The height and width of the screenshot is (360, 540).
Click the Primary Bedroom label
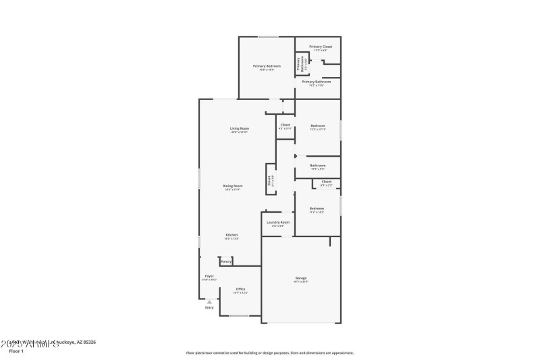point(267,66)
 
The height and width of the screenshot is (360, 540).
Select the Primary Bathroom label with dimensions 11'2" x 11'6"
point(317,82)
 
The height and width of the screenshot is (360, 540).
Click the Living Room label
point(240,129)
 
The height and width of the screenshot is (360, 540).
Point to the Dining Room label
point(233,186)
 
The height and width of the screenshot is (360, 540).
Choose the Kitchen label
point(232,235)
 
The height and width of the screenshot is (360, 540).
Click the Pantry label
point(226,261)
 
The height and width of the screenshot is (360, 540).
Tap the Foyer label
point(209,276)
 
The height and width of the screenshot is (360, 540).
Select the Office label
point(240,289)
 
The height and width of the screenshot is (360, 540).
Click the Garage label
point(301,278)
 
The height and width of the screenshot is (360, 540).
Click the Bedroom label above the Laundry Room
point(317,209)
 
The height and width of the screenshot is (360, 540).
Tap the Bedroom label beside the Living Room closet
point(317,126)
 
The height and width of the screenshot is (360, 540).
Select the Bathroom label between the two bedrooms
point(317,165)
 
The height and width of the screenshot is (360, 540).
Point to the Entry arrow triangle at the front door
point(209,301)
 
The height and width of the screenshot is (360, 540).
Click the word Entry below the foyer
point(209,308)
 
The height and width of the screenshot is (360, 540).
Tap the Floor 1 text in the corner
point(16,351)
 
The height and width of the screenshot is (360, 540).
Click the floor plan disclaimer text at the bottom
point(269,353)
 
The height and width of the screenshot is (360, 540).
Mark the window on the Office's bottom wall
point(239,315)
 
